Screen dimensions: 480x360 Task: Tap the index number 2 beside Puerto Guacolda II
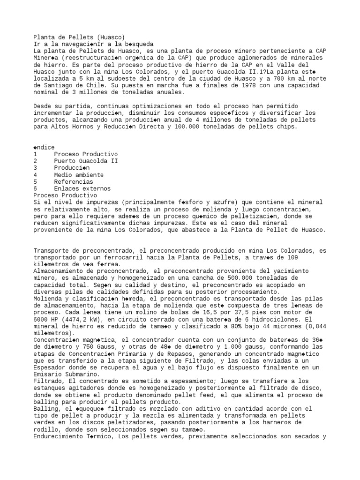click(36, 161)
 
